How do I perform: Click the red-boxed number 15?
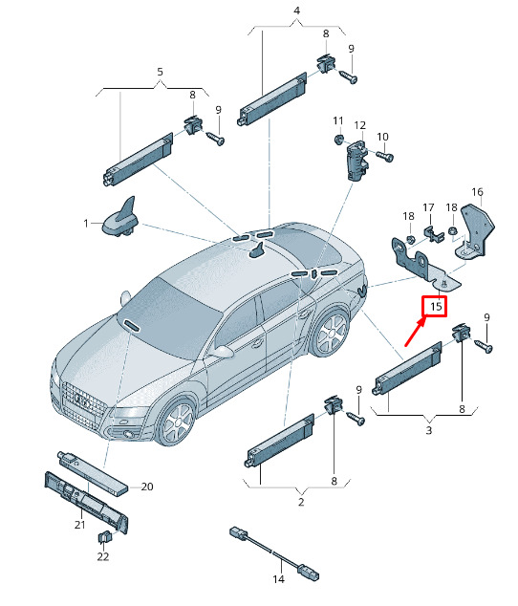click(x=436, y=307)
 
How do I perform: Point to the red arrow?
click(x=415, y=331)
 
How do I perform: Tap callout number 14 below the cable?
click(x=278, y=579)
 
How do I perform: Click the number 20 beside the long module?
click(x=147, y=487)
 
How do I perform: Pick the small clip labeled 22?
click(x=104, y=536)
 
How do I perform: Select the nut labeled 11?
click(x=338, y=140)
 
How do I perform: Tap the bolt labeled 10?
click(x=385, y=157)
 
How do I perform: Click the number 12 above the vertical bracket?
click(x=359, y=125)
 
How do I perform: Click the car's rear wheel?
click(x=332, y=333)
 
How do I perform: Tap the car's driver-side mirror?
click(x=223, y=352)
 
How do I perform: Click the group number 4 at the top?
click(x=296, y=11)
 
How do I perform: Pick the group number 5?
click(x=160, y=72)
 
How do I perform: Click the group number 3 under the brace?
click(x=429, y=430)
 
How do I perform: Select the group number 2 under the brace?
click(x=301, y=502)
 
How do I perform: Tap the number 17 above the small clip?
click(x=428, y=208)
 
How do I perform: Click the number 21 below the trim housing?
click(x=79, y=525)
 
